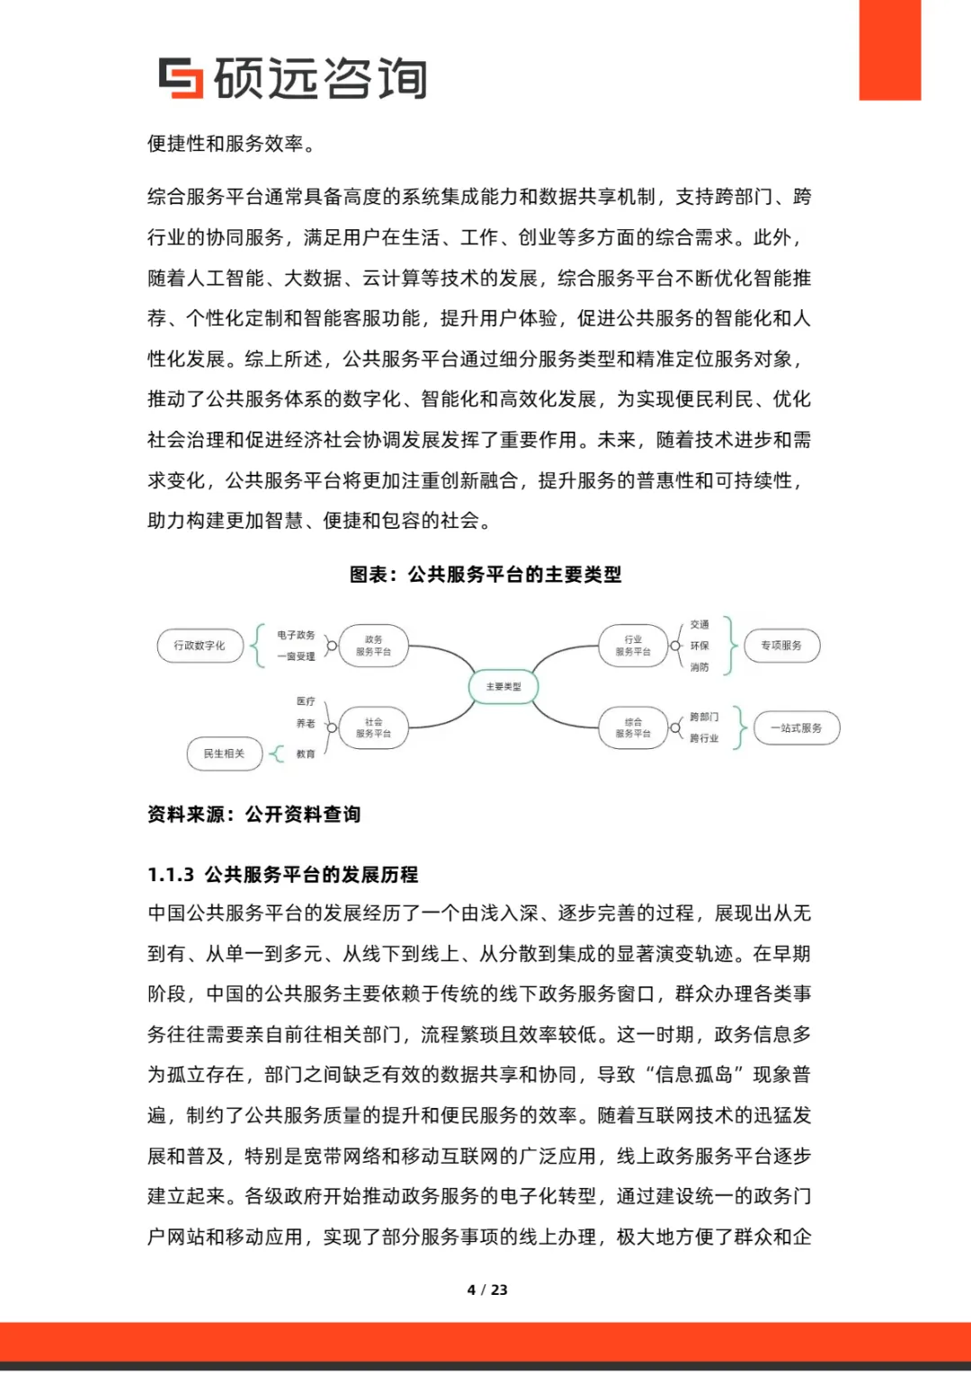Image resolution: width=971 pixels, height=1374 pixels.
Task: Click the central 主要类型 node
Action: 503,687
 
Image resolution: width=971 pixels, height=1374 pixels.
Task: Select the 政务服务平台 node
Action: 373,646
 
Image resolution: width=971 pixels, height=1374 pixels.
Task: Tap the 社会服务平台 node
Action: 373,728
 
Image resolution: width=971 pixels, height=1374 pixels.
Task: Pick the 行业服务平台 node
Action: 633,646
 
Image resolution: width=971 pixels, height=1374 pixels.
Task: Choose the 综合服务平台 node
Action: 633,728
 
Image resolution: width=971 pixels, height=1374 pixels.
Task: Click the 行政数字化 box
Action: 200,646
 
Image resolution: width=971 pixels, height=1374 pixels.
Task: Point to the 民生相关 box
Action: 224,754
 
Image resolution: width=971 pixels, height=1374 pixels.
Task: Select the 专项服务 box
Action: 781,646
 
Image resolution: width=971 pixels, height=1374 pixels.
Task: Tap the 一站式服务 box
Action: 797,728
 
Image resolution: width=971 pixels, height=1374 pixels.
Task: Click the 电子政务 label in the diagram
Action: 296,635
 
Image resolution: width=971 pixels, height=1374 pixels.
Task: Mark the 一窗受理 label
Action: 296,656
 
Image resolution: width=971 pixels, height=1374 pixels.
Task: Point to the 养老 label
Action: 306,723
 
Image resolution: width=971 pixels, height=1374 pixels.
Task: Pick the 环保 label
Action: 699,646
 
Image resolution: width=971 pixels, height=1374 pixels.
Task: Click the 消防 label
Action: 699,667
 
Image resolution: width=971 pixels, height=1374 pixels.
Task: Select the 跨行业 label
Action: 704,738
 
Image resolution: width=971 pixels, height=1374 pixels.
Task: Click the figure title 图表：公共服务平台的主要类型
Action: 485,575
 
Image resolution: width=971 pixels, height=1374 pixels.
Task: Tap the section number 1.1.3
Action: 171,875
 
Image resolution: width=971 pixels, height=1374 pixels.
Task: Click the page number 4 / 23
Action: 487,1289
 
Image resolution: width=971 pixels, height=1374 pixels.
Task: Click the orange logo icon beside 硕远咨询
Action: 181,77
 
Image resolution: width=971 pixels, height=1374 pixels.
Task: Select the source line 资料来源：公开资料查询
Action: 254,815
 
